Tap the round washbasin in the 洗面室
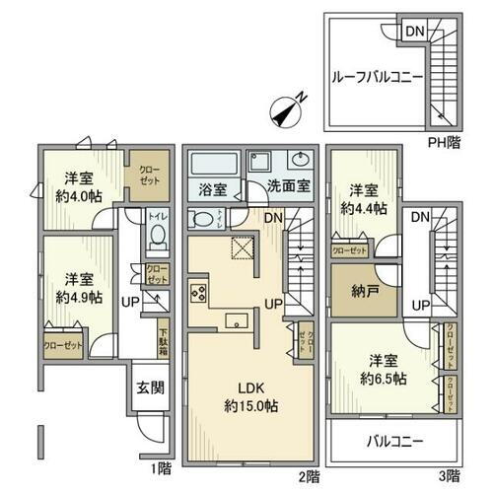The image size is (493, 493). pos(300,162)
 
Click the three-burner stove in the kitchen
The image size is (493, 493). pos(198,293)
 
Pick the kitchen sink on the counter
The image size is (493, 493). pos(236,318)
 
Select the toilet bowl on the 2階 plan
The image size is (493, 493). pos(201,219)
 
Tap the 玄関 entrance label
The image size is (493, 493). pos(145,387)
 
